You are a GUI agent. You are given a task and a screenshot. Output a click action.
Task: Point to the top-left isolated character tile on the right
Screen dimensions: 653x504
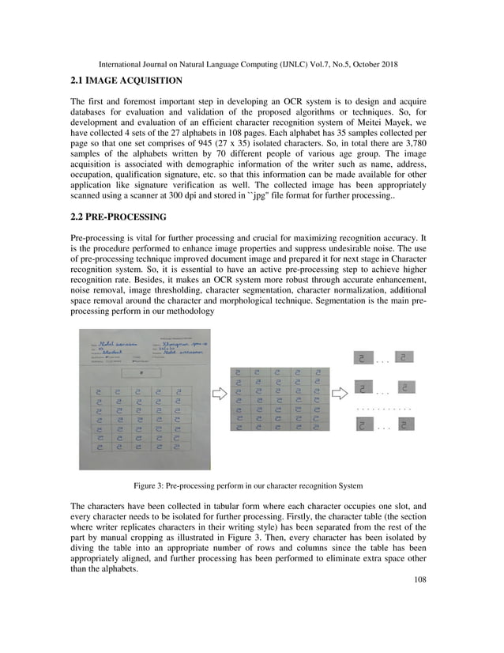[x=362, y=357]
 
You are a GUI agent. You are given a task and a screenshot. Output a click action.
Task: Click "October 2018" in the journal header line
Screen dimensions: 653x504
[x=372, y=62]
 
